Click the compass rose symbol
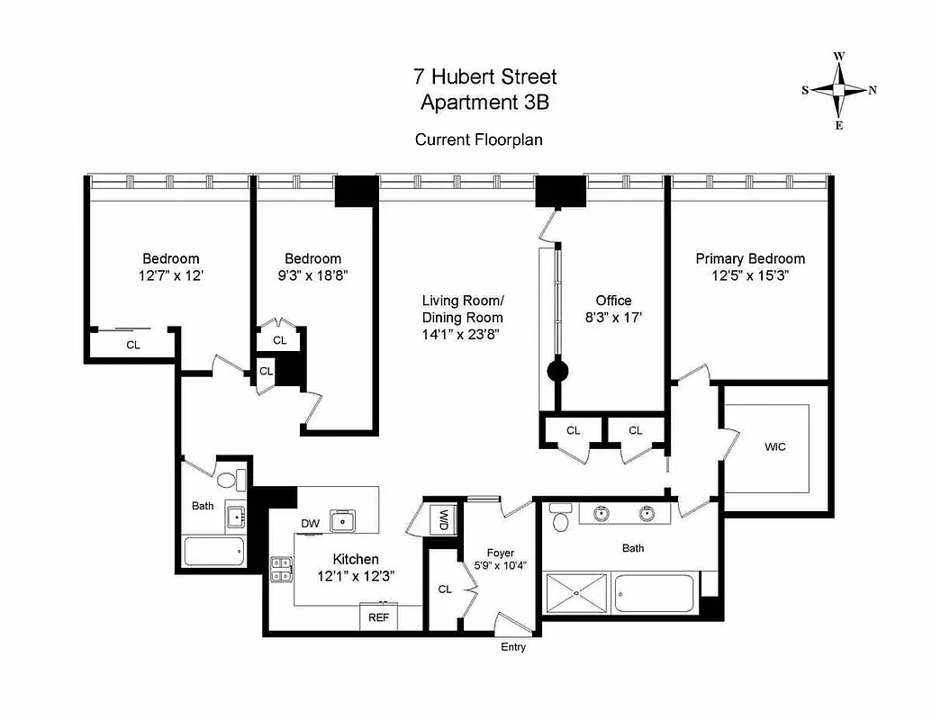point(838,90)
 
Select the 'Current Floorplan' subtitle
point(478,139)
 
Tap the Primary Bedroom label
point(750,258)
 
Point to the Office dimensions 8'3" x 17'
point(613,318)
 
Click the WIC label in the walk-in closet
point(774,447)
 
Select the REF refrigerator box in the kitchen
point(378,618)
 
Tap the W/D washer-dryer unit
point(443,520)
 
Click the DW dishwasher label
point(310,523)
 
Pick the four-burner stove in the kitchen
point(282,569)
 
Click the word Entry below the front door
point(512,647)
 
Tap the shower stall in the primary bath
point(576,593)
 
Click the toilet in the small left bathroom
point(232,479)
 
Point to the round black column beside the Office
point(557,370)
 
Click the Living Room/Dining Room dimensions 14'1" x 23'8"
point(462,335)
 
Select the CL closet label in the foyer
point(444,589)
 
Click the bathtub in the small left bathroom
point(213,551)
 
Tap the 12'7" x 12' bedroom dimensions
point(170,275)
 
